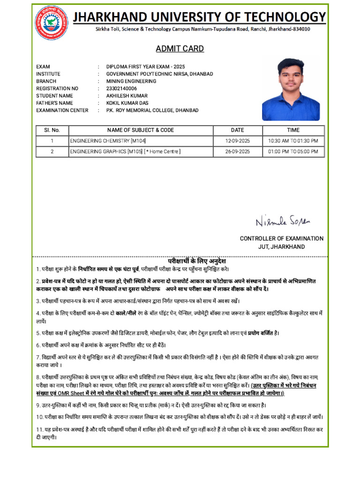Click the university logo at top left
click(x=51, y=22)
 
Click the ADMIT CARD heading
click(x=180, y=49)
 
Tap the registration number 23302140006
click(x=121, y=89)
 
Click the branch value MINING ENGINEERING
click(x=131, y=81)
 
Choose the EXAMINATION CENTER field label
click(x=62, y=111)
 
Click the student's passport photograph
click(x=291, y=89)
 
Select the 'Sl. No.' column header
click(x=52, y=130)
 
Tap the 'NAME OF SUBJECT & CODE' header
click(x=141, y=130)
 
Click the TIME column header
click(x=293, y=130)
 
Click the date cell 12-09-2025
click(x=238, y=141)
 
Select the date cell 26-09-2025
click(x=238, y=152)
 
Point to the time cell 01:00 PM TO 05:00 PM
click(x=293, y=152)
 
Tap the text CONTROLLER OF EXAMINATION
click(x=281, y=239)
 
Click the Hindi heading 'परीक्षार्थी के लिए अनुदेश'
click(x=197, y=261)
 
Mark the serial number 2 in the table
click(x=52, y=152)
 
